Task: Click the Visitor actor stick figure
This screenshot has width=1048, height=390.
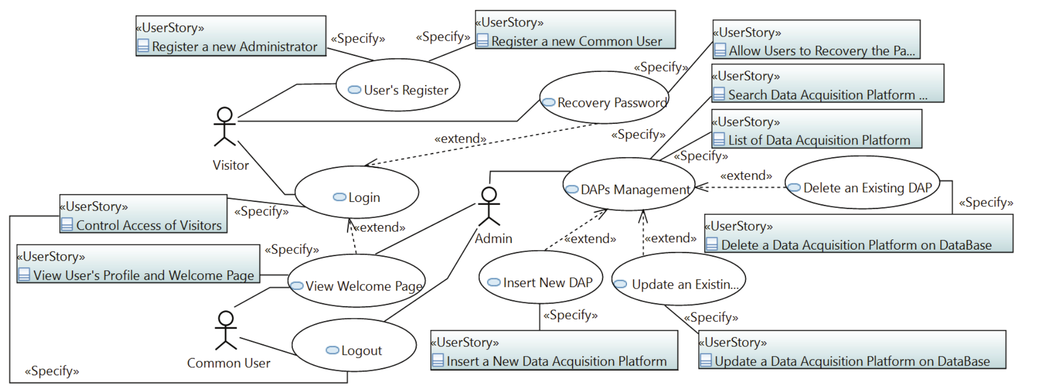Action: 224,127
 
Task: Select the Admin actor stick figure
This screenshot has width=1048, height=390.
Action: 489,206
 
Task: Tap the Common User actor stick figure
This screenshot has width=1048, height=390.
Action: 226,331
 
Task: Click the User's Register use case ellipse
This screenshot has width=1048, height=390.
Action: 398,85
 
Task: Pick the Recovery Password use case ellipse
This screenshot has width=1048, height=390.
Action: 604,97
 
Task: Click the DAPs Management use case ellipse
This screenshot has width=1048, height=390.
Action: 628,184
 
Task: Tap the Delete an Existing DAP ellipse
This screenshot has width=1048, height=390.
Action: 862,183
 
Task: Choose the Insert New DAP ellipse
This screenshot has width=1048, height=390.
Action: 541,277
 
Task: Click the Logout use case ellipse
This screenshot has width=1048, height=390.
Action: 354,345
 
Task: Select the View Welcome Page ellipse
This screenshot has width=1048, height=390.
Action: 356,281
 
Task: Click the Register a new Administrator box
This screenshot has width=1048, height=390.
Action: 231,36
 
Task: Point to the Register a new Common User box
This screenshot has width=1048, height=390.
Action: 575,30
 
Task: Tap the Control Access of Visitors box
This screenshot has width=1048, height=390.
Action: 143,214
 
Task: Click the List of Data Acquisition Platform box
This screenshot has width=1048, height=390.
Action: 816,129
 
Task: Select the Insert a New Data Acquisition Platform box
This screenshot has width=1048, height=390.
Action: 554,350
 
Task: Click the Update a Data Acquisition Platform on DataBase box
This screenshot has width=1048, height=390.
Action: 852,350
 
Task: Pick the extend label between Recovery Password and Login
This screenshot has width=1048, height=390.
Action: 460,138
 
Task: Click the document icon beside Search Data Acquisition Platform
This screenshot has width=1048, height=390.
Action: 719,94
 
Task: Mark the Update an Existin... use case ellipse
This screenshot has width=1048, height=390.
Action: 679,279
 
